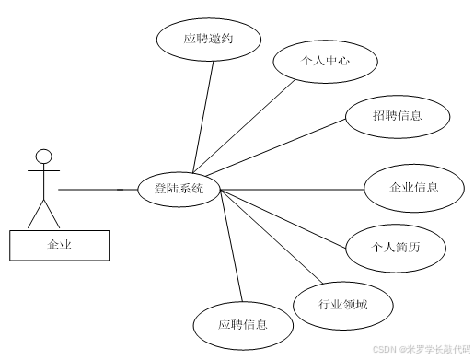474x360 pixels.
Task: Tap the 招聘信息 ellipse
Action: (x=399, y=115)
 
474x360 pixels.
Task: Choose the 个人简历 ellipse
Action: (x=395, y=246)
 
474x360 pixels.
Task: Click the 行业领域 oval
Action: (x=343, y=303)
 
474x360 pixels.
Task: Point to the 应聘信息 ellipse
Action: (x=243, y=324)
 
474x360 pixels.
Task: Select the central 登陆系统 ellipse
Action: (x=179, y=190)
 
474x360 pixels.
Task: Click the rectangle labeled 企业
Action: (x=60, y=244)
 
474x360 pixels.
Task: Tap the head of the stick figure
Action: (x=42, y=155)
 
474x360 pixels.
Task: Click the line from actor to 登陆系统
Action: (x=92, y=190)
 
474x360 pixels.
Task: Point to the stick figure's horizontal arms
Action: (x=42, y=170)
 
